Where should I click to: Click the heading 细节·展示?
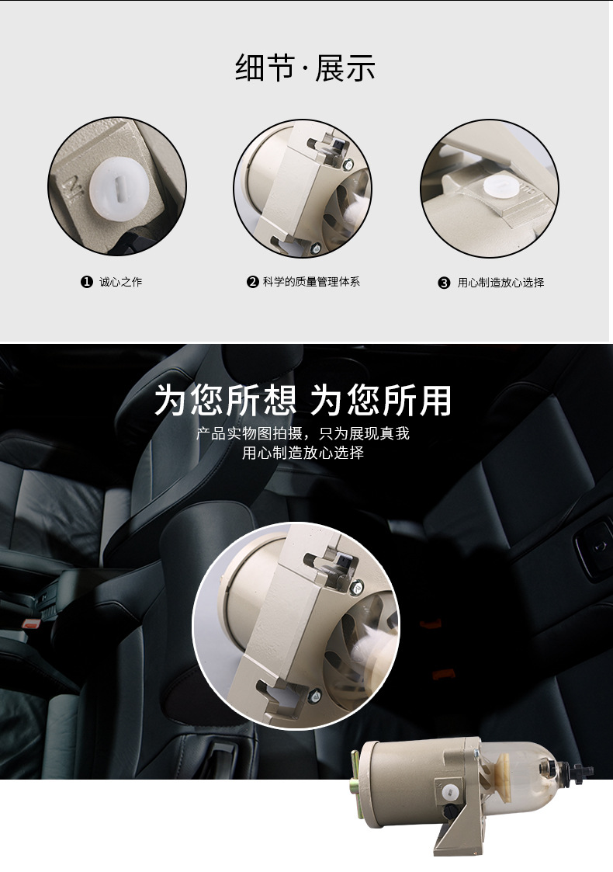click(x=305, y=68)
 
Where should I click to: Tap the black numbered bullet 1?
click(x=87, y=282)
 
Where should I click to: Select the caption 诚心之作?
click(x=121, y=282)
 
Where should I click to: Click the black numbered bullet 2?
click(x=252, y=282)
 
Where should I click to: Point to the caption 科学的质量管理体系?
click(x=311, y=282)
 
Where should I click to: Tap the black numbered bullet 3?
click(x=445, y=283)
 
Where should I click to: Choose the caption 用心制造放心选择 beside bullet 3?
click(x=500, y=283)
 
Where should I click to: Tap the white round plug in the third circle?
click(x=496, y=189)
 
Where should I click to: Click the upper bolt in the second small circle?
click(x=349, y=164)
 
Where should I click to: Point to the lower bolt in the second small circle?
click(x=317, y=248)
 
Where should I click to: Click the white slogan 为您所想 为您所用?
click(x=303, y=401)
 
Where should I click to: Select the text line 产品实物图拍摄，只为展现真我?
click(x=303, y=433)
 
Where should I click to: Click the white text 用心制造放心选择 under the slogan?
click(x=303, y=453)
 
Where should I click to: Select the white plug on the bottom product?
click(x=448, y=794)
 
